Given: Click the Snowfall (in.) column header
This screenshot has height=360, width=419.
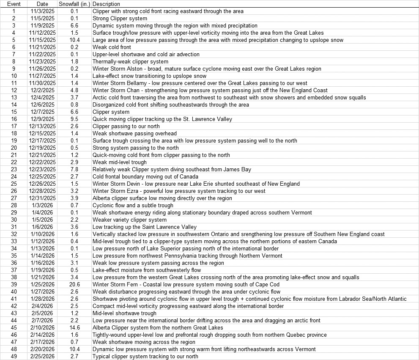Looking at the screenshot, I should [74, 4].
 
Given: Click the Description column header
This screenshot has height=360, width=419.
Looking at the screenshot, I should [106, 4].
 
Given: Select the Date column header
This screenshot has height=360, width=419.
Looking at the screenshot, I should [42, 4].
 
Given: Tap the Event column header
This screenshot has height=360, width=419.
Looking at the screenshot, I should [14, 4].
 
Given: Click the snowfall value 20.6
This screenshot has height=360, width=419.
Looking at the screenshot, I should [74, 284].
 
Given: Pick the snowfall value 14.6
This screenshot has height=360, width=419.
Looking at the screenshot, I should [74, 327].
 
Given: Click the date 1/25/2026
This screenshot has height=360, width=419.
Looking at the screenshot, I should [42, 284].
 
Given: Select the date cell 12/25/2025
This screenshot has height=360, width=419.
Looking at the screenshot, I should [42, 176].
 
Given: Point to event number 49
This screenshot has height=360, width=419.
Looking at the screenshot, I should [14, 356].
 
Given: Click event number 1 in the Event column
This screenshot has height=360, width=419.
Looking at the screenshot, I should [14, 11].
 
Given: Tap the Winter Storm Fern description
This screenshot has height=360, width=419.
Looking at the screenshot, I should [186, 284].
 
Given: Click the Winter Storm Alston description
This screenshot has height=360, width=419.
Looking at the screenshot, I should [207, 69].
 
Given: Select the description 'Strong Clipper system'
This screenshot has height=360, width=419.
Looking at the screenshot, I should [120, 18].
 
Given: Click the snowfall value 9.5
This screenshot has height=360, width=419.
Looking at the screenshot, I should [74, 119].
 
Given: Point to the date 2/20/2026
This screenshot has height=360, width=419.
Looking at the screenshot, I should [42, 349].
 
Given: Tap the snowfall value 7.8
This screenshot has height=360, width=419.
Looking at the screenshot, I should [74, 169].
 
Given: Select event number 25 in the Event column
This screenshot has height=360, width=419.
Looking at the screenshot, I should [14, 184].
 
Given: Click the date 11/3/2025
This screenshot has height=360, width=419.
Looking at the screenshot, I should [42, 11].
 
